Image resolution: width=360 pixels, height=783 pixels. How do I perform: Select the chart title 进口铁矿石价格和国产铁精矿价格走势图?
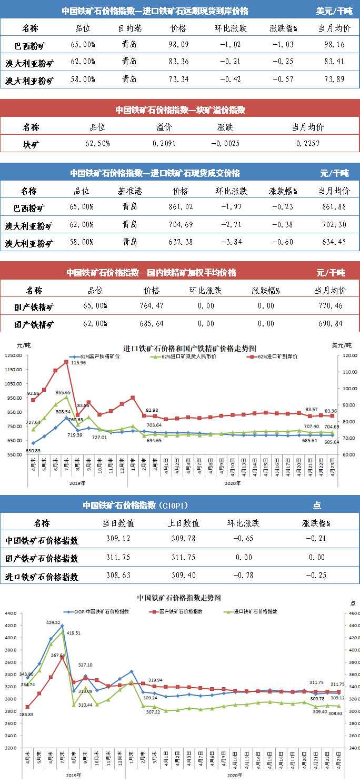coord(189,348)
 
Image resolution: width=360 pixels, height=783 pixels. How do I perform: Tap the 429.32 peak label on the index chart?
coord(54,622)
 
